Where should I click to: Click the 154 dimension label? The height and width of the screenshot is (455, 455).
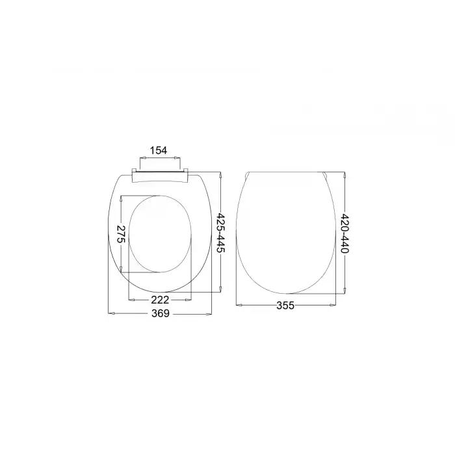pos(159,150)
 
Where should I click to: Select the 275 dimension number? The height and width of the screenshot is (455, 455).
pos(120,233)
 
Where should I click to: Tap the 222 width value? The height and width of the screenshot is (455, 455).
pos(161,300)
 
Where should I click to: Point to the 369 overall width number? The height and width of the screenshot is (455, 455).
pos(161,314)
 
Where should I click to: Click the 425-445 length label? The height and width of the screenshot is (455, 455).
pos(221,234)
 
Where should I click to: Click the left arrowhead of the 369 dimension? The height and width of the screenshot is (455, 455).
pos(111,314)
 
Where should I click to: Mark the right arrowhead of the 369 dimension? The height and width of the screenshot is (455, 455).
pos(210,314)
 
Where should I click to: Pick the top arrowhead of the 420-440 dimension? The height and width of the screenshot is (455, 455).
pos(344,175)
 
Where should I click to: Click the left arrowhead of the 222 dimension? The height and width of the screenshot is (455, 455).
pos(132,300)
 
